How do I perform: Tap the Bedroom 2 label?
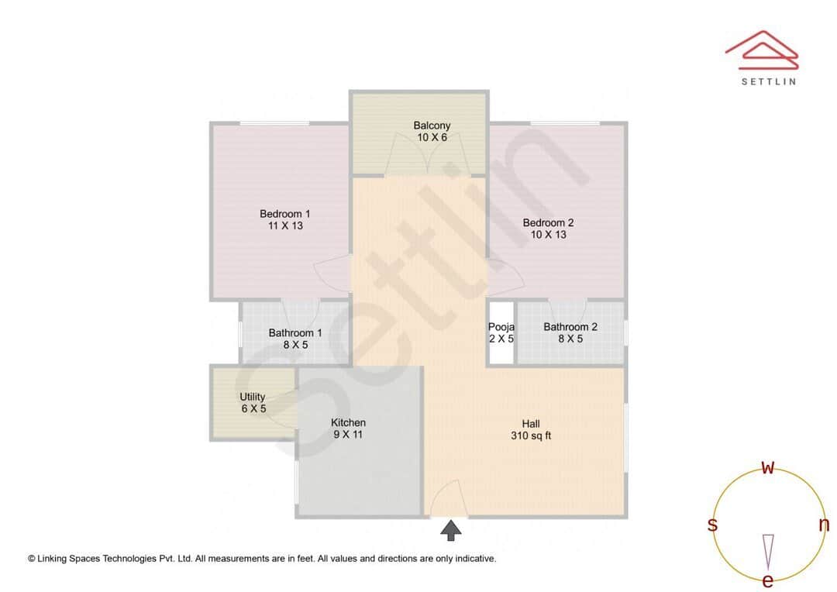(x=548, y=222)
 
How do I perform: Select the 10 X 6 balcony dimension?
(x=432, y=137)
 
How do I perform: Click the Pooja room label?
(x=501, y=327)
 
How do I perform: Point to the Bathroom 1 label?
(x=295, y=333)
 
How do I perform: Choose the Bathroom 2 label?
(x=570, y=327)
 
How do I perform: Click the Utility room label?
(x=253, y=397)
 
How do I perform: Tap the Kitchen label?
(x=348, y=422)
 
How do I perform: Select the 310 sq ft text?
(x=531, y=435)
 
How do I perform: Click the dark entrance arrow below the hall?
(x=451, y=530)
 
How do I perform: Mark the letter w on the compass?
(x=768, y=467)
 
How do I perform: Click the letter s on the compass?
(x=712, y=525)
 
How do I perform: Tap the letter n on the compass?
(x=824, y=525)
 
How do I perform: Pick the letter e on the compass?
(x=768, y=580)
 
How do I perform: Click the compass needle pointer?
(x=768, y=551)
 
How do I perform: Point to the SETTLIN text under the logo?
(x=768, y=81)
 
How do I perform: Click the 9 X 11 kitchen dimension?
(x=348, y=435)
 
